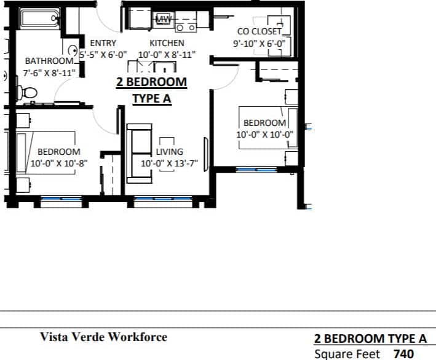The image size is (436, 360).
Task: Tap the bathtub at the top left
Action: [x=39, y=18]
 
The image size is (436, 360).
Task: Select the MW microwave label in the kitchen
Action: [x=163, y=19]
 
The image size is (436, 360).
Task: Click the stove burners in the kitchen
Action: [x=186, y=27]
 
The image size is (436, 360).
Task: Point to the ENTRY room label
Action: [x=103, y=44]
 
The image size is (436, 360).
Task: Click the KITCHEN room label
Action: [x=167, y=44]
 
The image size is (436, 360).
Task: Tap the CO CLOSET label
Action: [x=259, y=31]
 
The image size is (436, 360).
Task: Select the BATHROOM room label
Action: [x=49, y=61]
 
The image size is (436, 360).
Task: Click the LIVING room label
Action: [x=169, y=152]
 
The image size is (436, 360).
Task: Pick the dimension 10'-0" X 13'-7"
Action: [x=169, y=164]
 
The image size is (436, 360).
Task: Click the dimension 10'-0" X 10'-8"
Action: [x=59, y=164]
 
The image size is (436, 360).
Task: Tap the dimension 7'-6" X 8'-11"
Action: [x=49, y=72]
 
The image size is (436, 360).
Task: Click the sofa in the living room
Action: [x=139, y=154]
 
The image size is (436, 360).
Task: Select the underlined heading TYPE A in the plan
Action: [x=151, y=99]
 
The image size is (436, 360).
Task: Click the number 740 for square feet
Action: [x=403, y=354]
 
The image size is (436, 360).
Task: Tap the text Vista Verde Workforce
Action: [x=103, y=337]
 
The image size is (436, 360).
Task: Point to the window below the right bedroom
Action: [x=256, y=169]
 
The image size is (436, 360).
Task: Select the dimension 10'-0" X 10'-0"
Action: [x=265, y=135]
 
